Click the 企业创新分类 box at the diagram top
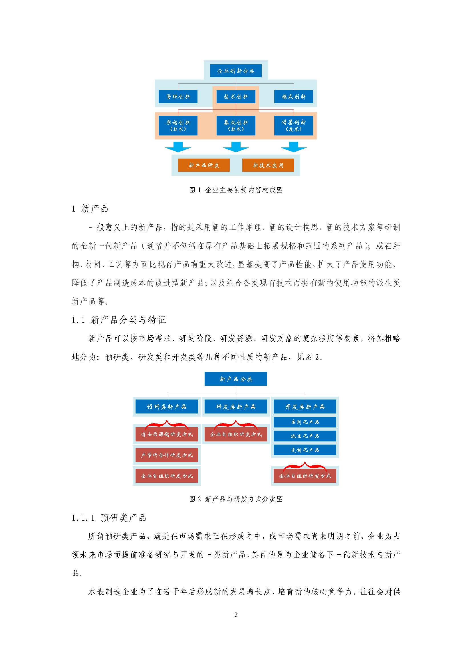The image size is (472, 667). click(236, 71)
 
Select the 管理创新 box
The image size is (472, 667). click(178, 97)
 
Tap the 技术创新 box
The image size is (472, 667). click(236, 97)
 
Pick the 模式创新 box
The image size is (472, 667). click(294, 97)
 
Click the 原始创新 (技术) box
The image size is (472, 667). click(178, 125)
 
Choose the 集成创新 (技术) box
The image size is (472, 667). click(236, 125)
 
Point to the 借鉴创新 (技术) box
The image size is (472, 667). click(294, 125)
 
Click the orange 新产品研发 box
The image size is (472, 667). click(204, 165)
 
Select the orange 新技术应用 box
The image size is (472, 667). click(268, 165)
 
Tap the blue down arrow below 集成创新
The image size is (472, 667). click(236, 147)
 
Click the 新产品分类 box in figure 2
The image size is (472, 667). click(236, 379)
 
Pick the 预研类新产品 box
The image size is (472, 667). click(167, 406)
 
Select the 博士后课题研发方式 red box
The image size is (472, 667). click(167, 434)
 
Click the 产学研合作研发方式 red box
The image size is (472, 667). click(167, 455)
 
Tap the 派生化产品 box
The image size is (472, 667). click(305, 436)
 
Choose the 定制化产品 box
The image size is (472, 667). click(305, 450)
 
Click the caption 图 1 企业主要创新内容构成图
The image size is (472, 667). click(236, 190)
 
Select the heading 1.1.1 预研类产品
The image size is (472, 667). click(109, 518)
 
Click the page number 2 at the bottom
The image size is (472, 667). click(236, 615)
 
